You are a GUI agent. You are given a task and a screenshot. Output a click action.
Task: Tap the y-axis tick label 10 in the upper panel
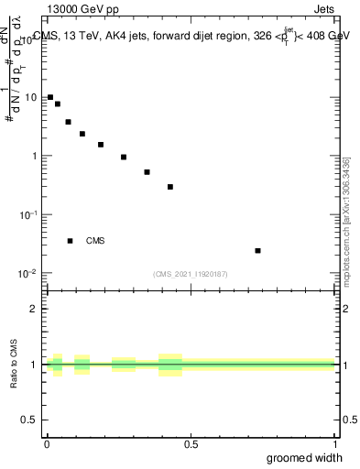[32, 97]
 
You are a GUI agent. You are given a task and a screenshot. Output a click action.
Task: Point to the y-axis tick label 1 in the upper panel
[35, 156]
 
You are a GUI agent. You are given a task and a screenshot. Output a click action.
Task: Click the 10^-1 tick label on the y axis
[29, 213]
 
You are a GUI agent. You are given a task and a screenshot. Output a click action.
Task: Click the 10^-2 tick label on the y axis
[29, 273]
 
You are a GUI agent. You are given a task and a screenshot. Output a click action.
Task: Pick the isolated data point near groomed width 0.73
[258, 251]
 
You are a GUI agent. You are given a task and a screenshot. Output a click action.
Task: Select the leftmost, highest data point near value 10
[50, 97]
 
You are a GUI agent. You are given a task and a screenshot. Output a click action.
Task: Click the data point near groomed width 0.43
[170, 187]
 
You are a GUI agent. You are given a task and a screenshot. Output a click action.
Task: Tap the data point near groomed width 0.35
[147, 172]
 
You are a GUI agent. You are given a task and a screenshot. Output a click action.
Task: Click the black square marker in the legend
[71, 241]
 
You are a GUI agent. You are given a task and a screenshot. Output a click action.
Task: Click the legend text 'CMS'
[95, 241]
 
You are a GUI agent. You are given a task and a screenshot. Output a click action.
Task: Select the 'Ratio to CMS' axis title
[14, 365]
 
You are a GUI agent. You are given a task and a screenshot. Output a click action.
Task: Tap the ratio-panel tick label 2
[35, 309]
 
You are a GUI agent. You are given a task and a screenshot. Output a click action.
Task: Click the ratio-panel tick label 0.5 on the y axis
[31, 420]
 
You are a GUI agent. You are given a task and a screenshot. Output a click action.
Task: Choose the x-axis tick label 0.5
[191, 444]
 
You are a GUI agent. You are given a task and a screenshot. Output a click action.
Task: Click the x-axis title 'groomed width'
[305, 457]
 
